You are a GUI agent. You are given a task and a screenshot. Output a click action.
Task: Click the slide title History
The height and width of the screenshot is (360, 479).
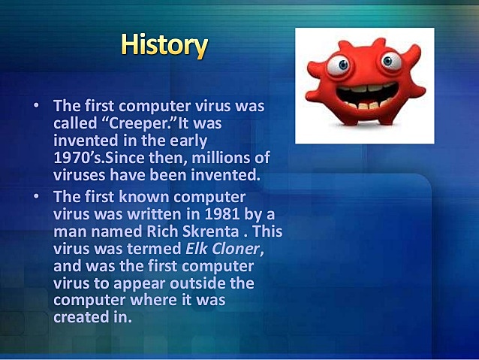[x=164, y=46]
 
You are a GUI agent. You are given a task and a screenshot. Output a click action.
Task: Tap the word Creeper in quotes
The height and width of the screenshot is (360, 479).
[x=141, y=123]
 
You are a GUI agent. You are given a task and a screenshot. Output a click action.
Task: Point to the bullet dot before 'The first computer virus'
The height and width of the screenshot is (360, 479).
[x=35, y=105]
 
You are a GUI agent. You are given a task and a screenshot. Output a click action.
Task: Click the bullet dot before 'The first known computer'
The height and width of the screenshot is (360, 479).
[x=35, y=197]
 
